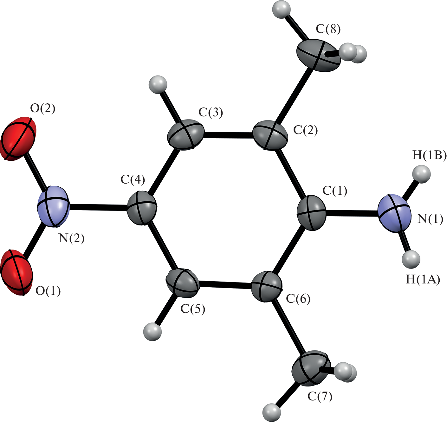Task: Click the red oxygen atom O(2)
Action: point(18,139)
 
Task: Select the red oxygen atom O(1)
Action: point(16,272)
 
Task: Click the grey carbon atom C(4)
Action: point(142,208)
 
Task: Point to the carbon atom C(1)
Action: point(311,212)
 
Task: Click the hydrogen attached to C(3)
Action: point(158,85)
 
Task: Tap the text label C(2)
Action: point(306,130)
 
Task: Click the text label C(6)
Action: point(298,299)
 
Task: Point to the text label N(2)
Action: point(71,238)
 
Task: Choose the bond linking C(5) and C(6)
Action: point(225,285)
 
